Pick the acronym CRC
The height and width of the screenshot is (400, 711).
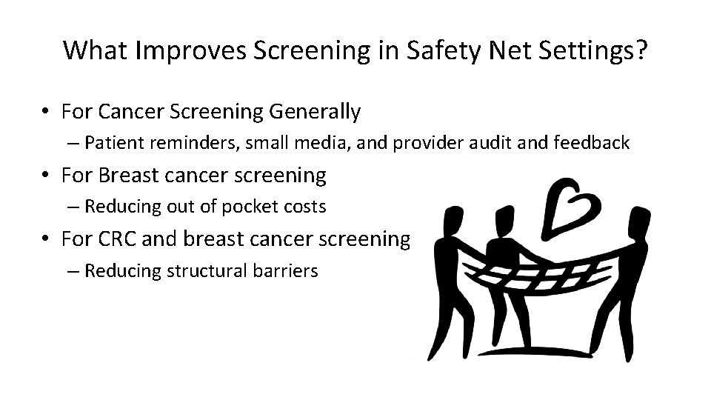[118, 239]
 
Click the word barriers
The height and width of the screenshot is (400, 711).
[284, 270]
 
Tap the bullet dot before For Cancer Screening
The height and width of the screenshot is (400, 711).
[46, 113]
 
